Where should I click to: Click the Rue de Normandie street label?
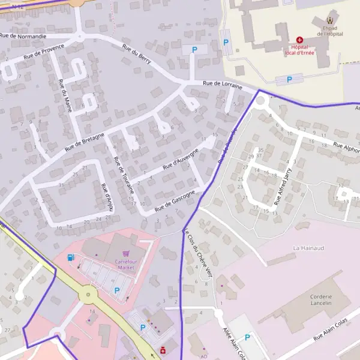[x=23, y=36]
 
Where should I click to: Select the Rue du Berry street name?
[x=137, y=57]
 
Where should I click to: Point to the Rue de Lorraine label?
[x=223, y=85]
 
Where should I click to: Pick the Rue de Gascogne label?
[x=175, y=200]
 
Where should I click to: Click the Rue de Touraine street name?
[x=124, y=174]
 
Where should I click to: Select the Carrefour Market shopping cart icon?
[x=125, y=254]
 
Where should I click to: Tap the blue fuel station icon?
[x=71, y=258]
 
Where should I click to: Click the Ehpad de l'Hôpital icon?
[x=329, y=21]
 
